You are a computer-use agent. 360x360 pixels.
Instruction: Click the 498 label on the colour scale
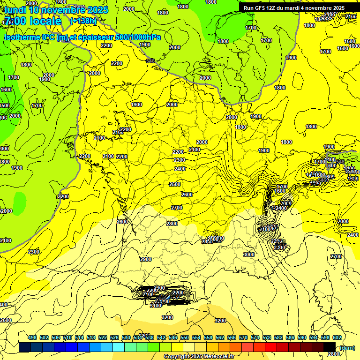32,337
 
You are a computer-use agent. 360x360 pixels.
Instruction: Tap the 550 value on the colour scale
185,337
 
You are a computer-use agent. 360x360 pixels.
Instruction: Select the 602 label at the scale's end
337,337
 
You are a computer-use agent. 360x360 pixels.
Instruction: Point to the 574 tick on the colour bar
255,337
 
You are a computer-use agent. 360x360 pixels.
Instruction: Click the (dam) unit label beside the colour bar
347,347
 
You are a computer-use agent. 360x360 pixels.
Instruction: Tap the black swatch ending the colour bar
330,347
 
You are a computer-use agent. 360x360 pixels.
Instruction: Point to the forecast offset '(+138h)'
83,21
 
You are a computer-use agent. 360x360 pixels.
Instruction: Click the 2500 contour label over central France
174,184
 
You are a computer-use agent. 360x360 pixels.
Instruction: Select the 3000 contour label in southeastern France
249,255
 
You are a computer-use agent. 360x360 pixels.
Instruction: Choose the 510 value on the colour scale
67,337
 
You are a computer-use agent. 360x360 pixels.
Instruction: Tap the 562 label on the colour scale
220,337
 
